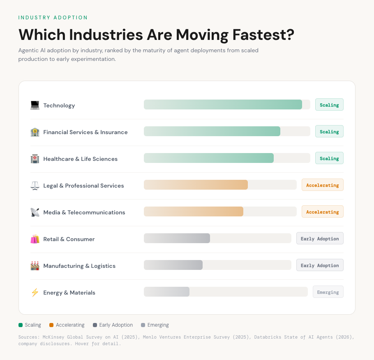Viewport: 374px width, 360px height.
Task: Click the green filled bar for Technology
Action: point(223,105)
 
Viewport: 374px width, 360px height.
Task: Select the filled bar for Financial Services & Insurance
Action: point(212,131)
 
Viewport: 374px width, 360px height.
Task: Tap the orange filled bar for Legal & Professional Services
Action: point(196,185)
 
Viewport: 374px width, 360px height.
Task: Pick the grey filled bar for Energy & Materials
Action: point(166,292)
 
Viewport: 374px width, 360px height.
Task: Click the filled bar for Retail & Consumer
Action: point(177,238)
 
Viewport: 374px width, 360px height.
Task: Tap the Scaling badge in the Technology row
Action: point(329,105)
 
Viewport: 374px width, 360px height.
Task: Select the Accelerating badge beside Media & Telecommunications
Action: point(322,212)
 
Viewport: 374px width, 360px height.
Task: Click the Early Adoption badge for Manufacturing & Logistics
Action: point(320,265)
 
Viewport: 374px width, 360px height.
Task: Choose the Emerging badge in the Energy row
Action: point(328,292)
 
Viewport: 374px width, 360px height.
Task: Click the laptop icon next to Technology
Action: point(35,105)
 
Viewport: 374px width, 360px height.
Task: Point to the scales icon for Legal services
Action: point(35,186)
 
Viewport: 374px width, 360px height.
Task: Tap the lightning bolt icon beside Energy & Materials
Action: point(35,293)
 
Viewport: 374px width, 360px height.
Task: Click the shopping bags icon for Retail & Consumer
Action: point(35,239)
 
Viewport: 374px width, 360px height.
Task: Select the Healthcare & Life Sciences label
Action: point(81,159)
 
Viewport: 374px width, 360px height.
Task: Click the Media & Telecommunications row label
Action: point(84,212)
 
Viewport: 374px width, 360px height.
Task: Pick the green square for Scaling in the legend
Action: point(21,325)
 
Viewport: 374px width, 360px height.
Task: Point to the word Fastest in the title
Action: point(263,35)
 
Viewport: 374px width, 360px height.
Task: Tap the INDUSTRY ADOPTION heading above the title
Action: point(53,18)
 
